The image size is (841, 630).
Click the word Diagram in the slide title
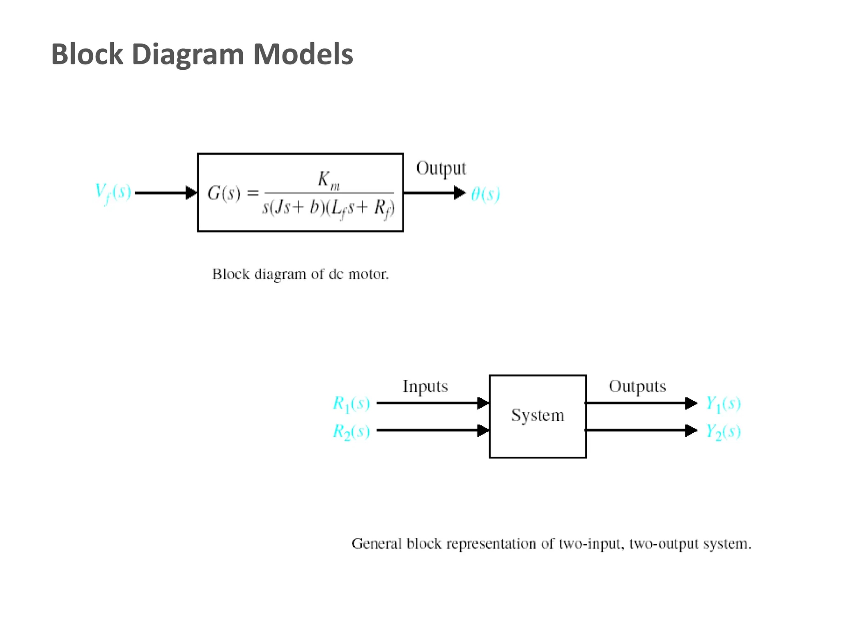coord(188,55)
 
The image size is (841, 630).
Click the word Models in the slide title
coord(303,55)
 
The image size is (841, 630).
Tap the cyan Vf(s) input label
coord(113,192)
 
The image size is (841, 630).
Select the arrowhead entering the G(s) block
coord(191,192)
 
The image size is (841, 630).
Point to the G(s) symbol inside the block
coord(224,193)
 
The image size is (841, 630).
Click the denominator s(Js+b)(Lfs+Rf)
coord(329,208)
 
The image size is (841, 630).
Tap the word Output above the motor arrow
coord(441,169)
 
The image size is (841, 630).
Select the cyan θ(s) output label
coord(485,194)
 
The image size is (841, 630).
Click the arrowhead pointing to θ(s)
coord(460,192)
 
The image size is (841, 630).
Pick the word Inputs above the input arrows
coord(425,387)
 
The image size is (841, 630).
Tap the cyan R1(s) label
coord(351,404)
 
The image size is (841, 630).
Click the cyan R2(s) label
coord(351,431)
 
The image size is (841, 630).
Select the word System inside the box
coord(538,416)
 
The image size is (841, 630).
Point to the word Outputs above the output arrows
coord(637,387)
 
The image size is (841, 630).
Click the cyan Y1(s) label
coord(723,404)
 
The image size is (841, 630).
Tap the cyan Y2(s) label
coord(723,431)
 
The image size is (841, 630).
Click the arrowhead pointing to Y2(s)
coord(691,430)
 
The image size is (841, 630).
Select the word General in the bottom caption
coord(377,543)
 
